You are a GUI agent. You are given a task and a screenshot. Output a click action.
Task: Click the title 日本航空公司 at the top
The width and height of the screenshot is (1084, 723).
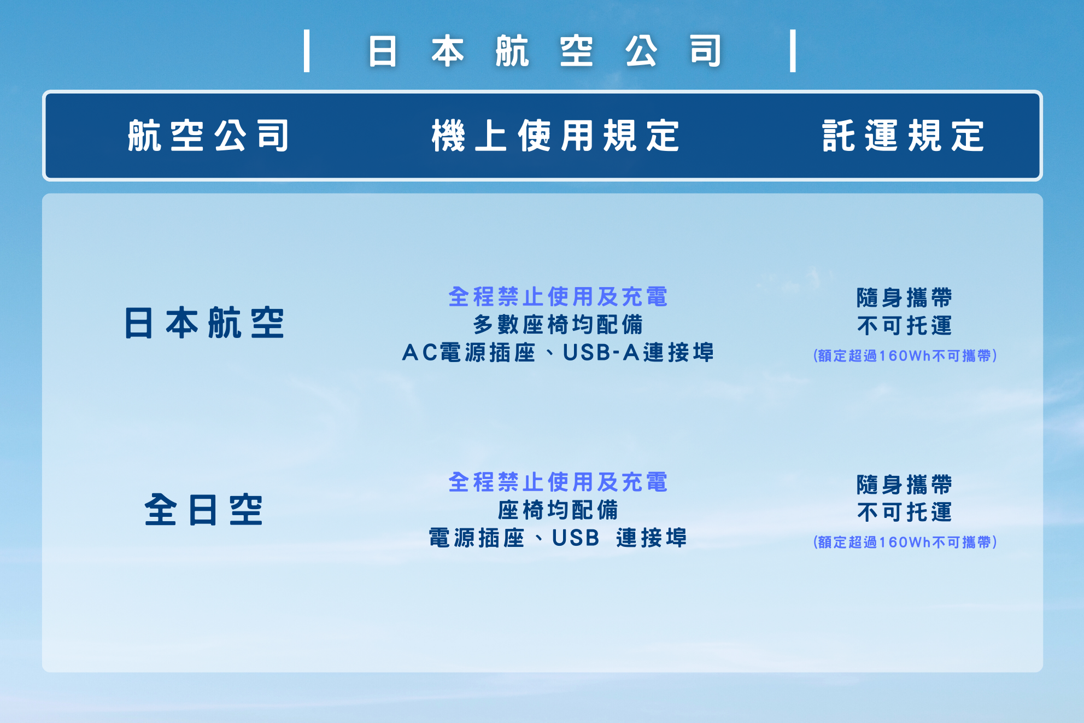[545, 51]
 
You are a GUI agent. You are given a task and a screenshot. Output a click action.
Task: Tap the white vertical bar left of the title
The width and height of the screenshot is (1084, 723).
[307, 51]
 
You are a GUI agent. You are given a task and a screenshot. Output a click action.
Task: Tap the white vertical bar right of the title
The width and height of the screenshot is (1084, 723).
[793, 51]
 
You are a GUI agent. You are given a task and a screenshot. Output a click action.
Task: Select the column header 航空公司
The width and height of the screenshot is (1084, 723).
[208, 136]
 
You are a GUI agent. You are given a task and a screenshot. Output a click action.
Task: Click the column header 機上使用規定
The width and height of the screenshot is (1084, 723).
[556, 136]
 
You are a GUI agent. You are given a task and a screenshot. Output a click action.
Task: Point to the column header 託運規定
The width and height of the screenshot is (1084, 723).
[904, 136]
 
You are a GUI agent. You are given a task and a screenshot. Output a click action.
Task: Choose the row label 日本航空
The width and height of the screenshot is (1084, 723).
[204, 323]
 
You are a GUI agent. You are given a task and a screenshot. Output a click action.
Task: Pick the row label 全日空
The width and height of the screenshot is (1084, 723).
[204, 509]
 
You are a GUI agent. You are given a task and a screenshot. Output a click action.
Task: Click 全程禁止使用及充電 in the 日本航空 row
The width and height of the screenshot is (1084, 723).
[558, 297]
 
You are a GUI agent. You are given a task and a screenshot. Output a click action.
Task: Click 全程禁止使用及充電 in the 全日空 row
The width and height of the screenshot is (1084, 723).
[558, 482]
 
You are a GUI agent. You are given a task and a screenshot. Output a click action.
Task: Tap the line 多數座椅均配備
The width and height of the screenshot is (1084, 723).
[558, 325]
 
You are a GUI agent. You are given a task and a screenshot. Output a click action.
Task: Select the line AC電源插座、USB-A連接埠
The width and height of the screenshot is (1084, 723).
[558, 353]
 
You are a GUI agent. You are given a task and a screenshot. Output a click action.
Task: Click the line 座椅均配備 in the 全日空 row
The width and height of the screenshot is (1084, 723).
[558, 510]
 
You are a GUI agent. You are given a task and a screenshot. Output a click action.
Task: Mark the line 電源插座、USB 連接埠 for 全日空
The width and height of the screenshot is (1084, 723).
[558, 538]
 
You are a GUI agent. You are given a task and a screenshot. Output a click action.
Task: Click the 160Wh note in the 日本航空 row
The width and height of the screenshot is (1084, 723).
[905, 355]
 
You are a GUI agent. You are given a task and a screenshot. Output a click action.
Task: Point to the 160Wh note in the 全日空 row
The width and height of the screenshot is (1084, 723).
[905, 542]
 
